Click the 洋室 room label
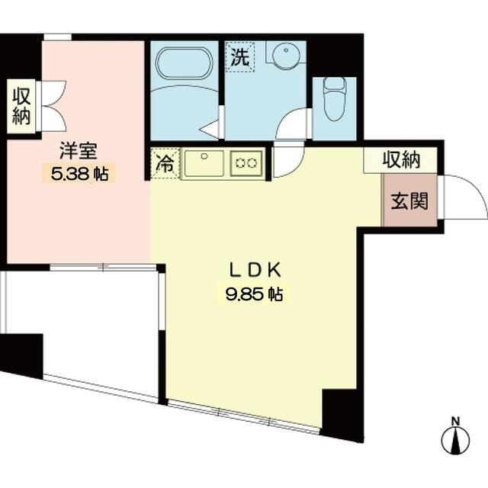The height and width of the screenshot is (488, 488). (79, 151)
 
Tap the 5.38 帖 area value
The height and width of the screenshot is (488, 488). (79, 175)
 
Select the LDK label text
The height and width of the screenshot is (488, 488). (255, 270)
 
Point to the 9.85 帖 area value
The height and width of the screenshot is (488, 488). (254, 294)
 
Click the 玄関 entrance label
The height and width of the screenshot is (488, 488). (409, 201)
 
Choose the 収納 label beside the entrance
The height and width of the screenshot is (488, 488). (402, 160)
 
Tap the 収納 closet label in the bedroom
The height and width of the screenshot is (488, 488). (21, 107)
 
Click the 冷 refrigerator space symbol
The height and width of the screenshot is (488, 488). (165, 164)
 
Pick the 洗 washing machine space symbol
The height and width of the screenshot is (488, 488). (240, 57)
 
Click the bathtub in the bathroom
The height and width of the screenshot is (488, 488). (185, 63)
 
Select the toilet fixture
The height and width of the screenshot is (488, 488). (335, 99)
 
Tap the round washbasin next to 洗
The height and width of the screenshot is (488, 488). (287, 55)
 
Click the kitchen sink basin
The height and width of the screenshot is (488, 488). (204, 163)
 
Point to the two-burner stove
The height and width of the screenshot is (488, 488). (246, 163)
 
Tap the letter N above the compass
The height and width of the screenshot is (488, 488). (456, 422)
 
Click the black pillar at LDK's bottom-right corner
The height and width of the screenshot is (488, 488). (342, 415)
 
